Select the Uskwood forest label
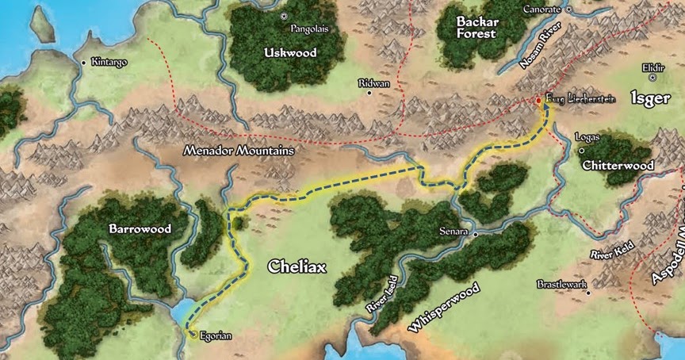coord(289,53)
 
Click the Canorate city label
coord(543,10)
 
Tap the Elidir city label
coord(653,68)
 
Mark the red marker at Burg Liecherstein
coord(538,101)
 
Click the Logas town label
coord(591,137)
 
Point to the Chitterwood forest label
coord(617,166)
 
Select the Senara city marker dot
coord(476,235)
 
